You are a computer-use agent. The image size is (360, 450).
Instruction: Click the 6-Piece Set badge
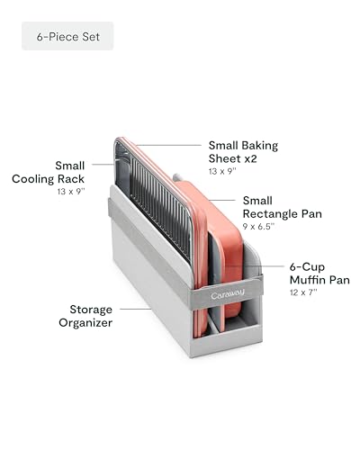click(67, 36)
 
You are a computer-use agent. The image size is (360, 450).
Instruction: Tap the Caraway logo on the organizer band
click(228, 294)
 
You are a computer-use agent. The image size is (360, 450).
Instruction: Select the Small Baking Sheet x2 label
click(243, 152)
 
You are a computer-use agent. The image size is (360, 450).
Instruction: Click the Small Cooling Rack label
click(49, 172)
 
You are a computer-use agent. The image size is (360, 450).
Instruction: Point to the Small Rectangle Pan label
click(282, 207)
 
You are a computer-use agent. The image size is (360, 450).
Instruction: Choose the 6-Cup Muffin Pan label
click(319, 274)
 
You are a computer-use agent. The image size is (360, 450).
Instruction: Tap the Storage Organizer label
click(85, 316)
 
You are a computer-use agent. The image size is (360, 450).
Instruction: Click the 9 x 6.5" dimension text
click(258, 227)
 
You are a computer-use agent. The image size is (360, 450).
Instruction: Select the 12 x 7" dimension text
click(303, 292)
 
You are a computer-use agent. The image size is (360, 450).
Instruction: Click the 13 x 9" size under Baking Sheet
click(222, 171)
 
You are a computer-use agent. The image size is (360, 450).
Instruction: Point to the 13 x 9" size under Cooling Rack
click(71, 192)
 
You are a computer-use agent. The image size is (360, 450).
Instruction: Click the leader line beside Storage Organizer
click(135, 309)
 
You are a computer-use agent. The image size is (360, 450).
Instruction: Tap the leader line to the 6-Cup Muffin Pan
click(255, 266)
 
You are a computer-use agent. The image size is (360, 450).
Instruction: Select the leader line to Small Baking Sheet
click(168, 145)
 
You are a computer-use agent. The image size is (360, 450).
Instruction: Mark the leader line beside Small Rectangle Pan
click(222, 200)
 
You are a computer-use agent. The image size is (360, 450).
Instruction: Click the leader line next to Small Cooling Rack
click(103, 165)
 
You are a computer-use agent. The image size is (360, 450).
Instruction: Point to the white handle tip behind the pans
click(176, 177)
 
